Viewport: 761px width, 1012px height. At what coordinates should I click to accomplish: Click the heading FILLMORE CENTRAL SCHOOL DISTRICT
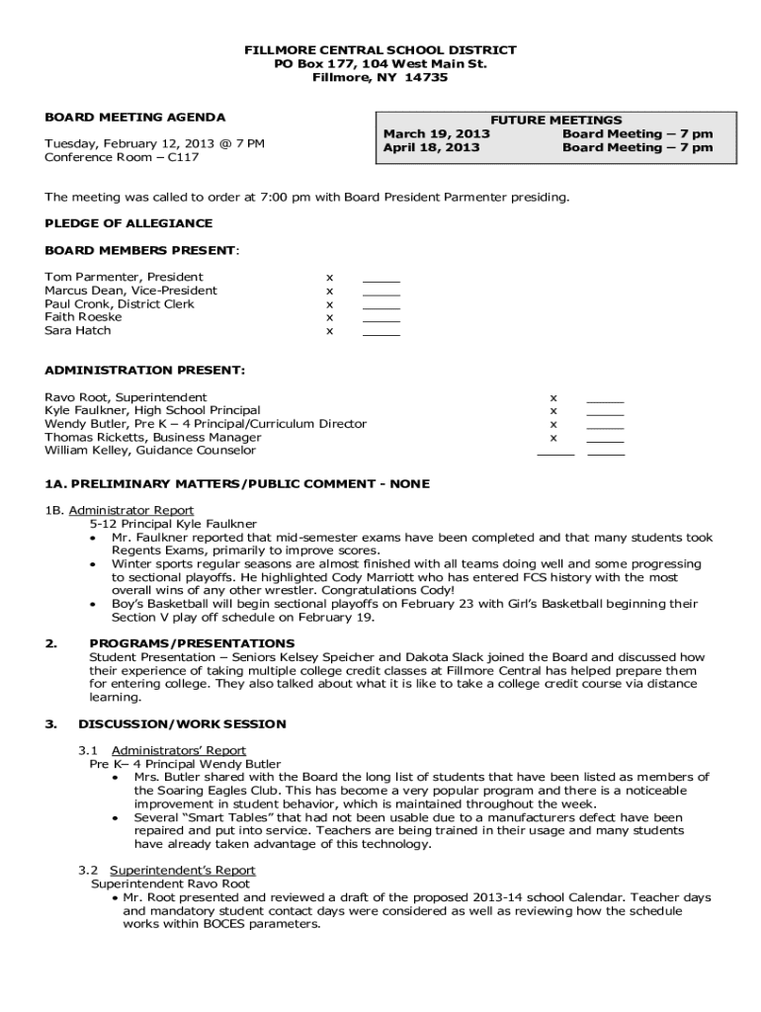click(x=380, y=49)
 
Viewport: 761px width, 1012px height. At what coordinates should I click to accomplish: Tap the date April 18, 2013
click(x=431, y=147)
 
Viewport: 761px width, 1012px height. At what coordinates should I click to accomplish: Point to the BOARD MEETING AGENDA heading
click(x=134, y=117)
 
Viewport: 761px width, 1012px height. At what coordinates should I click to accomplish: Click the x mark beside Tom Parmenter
click(x=330, y=278)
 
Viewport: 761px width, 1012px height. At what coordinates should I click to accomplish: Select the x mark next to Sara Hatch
click(x=330, y=331)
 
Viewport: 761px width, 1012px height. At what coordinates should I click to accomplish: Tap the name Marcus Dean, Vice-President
click(x=130, y=291)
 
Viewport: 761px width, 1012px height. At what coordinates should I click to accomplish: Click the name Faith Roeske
click(x=83, y=317)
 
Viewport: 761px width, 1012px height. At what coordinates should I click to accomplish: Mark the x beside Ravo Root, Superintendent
click(x=553, y=397)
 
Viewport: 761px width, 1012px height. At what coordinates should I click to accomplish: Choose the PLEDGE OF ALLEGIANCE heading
click(x=128, y=223)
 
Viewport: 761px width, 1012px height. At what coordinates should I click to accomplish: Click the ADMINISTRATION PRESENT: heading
click(x=144, y=370)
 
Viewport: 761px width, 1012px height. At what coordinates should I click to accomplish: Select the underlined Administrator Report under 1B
click(x=130, y=510)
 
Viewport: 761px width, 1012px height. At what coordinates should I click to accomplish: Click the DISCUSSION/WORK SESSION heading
click(x=183, y=723)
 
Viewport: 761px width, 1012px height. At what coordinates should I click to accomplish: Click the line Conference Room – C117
click(x=111, y=156)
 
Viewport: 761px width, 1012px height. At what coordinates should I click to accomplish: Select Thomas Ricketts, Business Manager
click(x=153, y=437)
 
